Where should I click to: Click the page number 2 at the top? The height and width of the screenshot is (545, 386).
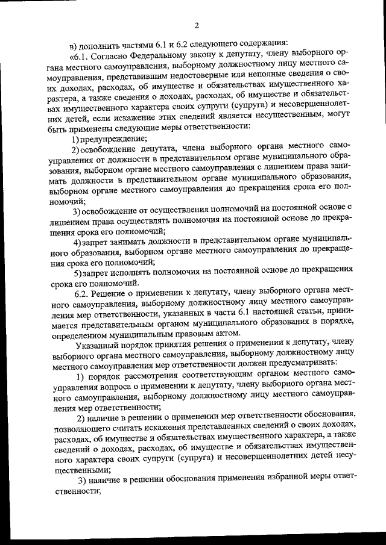tap(197, 25)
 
